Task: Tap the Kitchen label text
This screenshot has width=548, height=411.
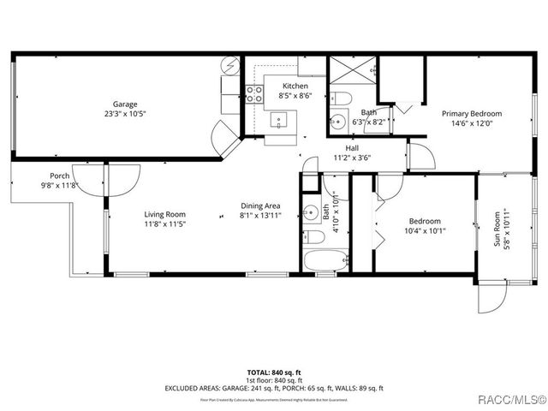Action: (x=295, y=86)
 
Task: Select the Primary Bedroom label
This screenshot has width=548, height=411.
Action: (x=472, y=113)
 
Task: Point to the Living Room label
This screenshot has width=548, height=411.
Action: (x=164, y=214)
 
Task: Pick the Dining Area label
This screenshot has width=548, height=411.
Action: (x=260, y=205)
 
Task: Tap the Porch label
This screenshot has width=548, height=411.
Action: (x=59, y=176)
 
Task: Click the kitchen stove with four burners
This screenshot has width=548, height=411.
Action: (x=254, y=94)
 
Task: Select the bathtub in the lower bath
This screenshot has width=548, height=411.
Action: (x=325, y=260)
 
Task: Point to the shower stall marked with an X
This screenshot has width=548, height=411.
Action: (x=352, y=70)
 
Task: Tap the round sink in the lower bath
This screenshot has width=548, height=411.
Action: (x=313, y=213)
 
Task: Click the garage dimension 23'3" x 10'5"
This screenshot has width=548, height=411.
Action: (x=126, y=115)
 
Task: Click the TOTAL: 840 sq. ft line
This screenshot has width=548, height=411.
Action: (x=273, y=373)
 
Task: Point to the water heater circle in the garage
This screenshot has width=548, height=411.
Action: (x=232, y=65)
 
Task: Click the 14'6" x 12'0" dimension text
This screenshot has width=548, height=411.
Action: (x=472, y=122)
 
